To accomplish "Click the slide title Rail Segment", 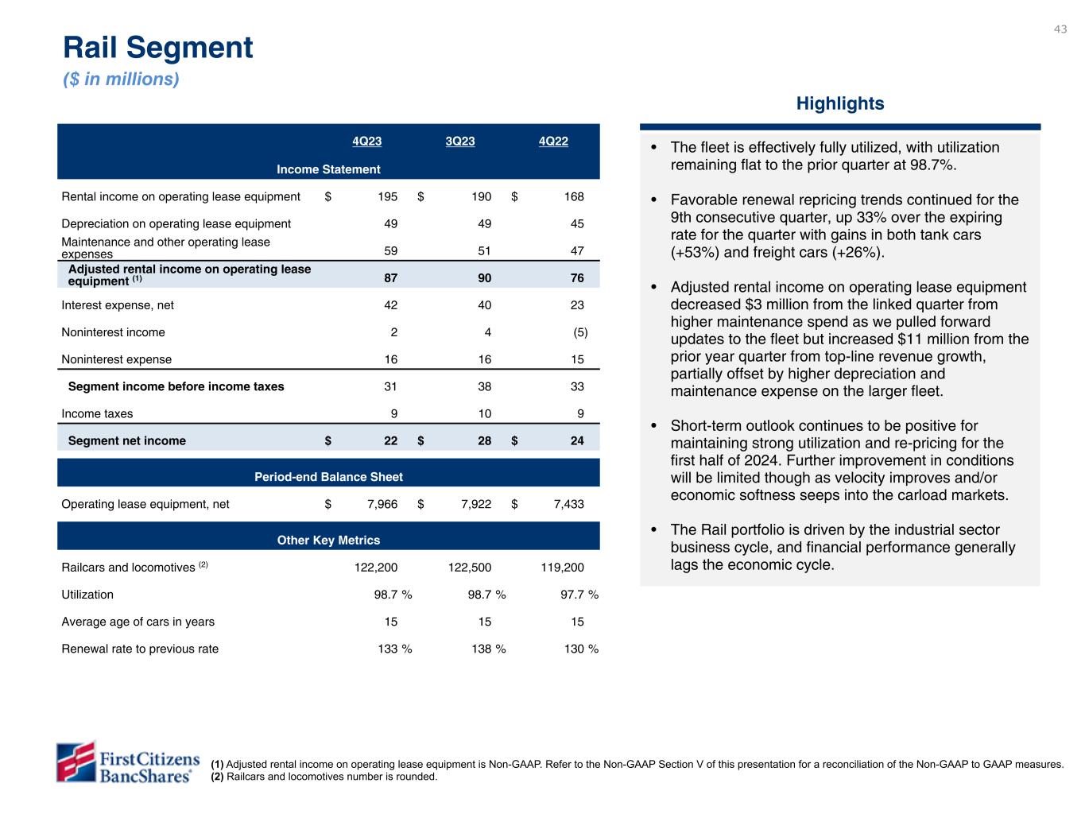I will tap(158, 48).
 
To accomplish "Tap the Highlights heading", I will tap(839, 103).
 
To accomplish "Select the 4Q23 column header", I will tap(366, 141).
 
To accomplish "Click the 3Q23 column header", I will tap(460, 141).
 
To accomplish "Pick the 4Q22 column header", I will tap(553, 141).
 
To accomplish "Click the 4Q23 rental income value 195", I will tap(388, 196).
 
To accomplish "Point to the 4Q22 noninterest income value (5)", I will tap(580, 332).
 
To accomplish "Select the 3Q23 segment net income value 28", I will tap(484, 440).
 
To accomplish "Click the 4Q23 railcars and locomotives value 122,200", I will tap(375, 568).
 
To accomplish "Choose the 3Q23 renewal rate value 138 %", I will tap(488, 649).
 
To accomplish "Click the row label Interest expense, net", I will tap(118, 305).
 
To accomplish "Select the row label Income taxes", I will tap(97, 413).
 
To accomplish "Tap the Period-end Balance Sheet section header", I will tap(328, 477).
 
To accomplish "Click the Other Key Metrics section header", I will tap(328, 541).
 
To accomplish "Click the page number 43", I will tap(1060, 29).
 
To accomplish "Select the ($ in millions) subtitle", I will tap(121, 79).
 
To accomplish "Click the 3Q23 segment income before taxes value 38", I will tap(484, 386).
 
